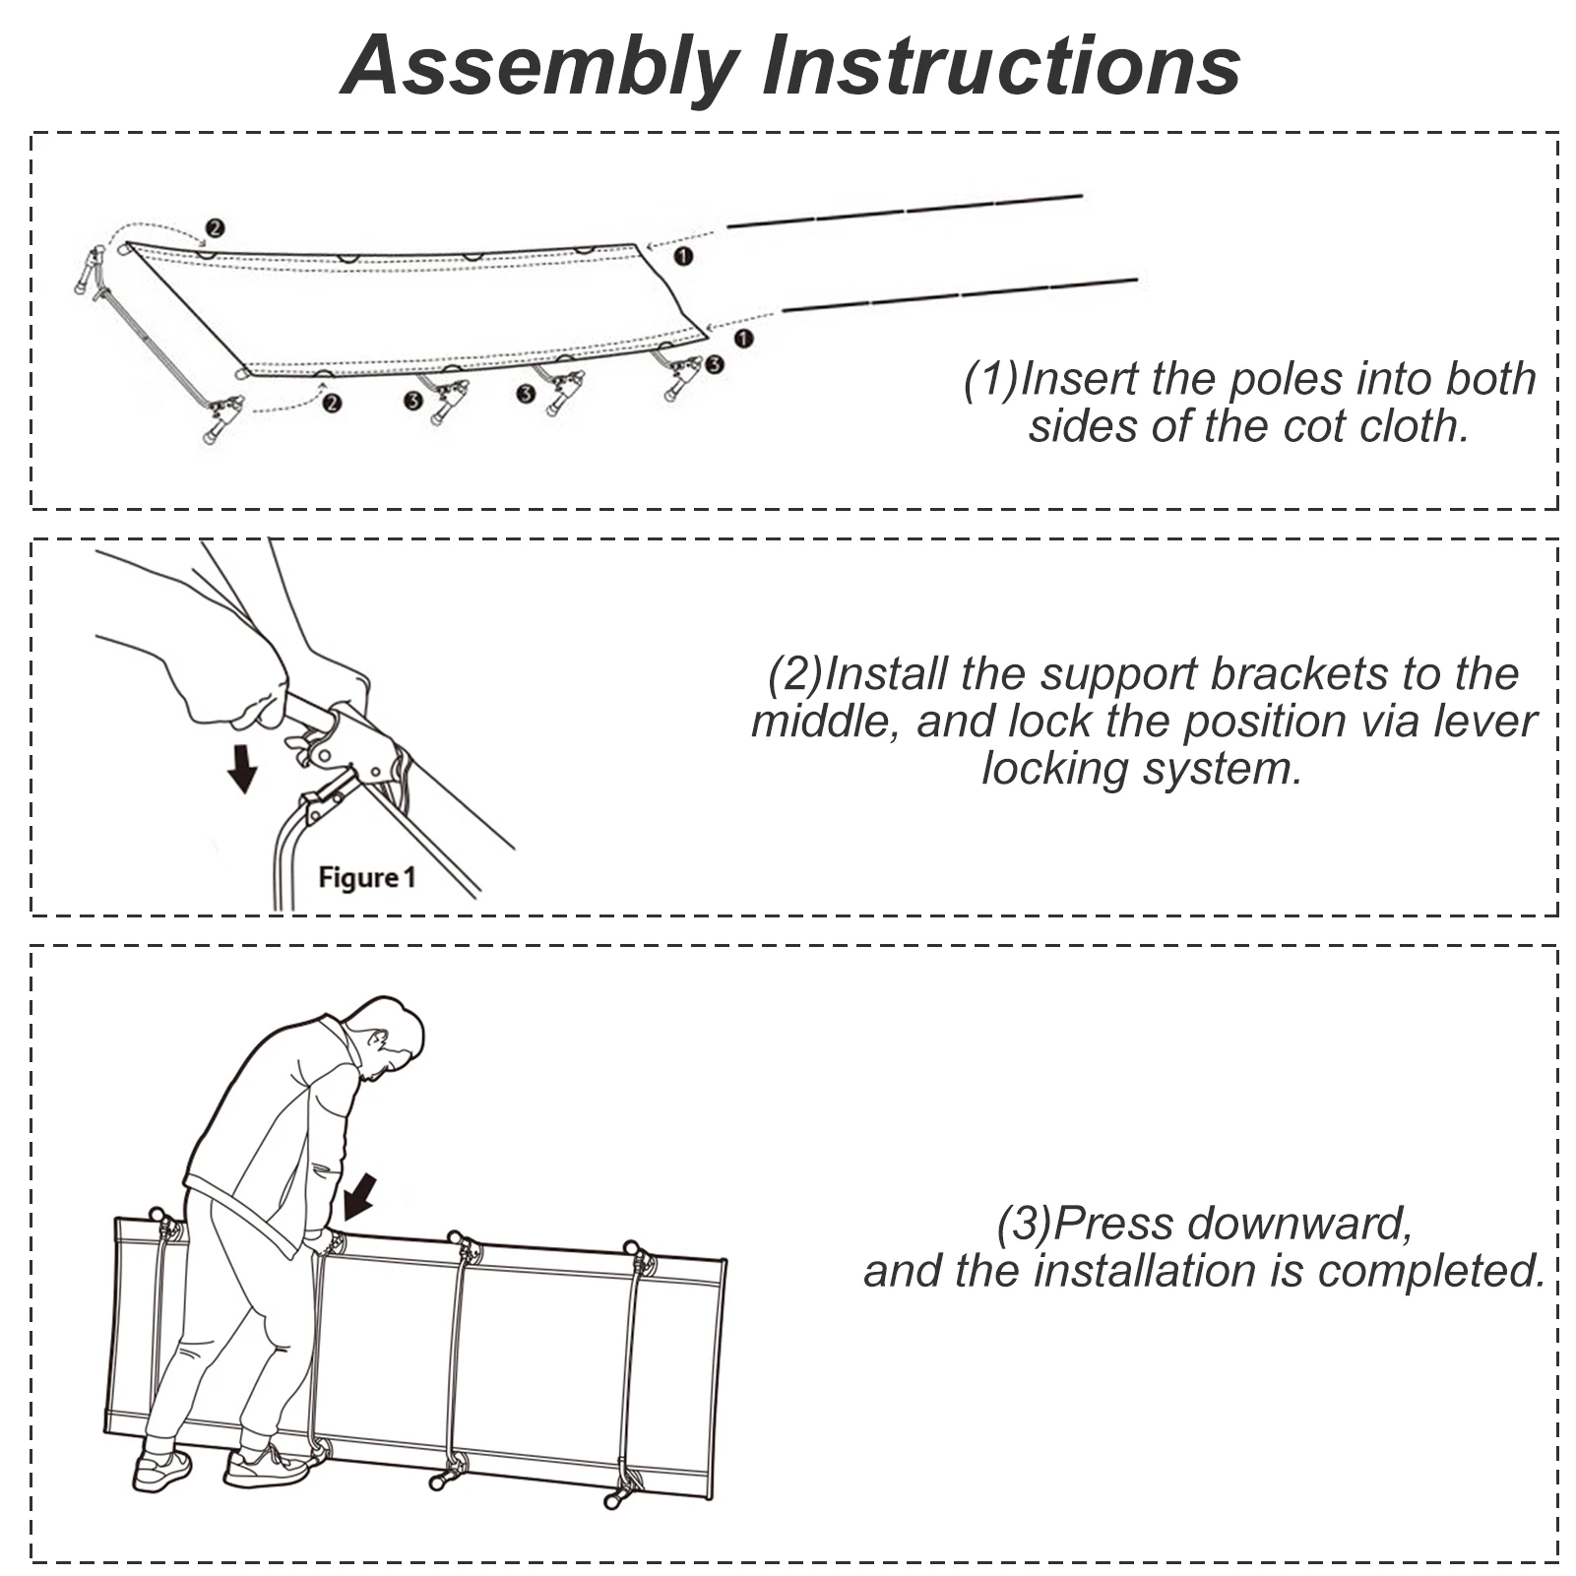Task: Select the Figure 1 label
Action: [366, 877]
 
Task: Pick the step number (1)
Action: [990, 380]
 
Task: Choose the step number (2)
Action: [794, 674]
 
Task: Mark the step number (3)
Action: [1024, 1224]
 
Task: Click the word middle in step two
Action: [825, 722]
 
